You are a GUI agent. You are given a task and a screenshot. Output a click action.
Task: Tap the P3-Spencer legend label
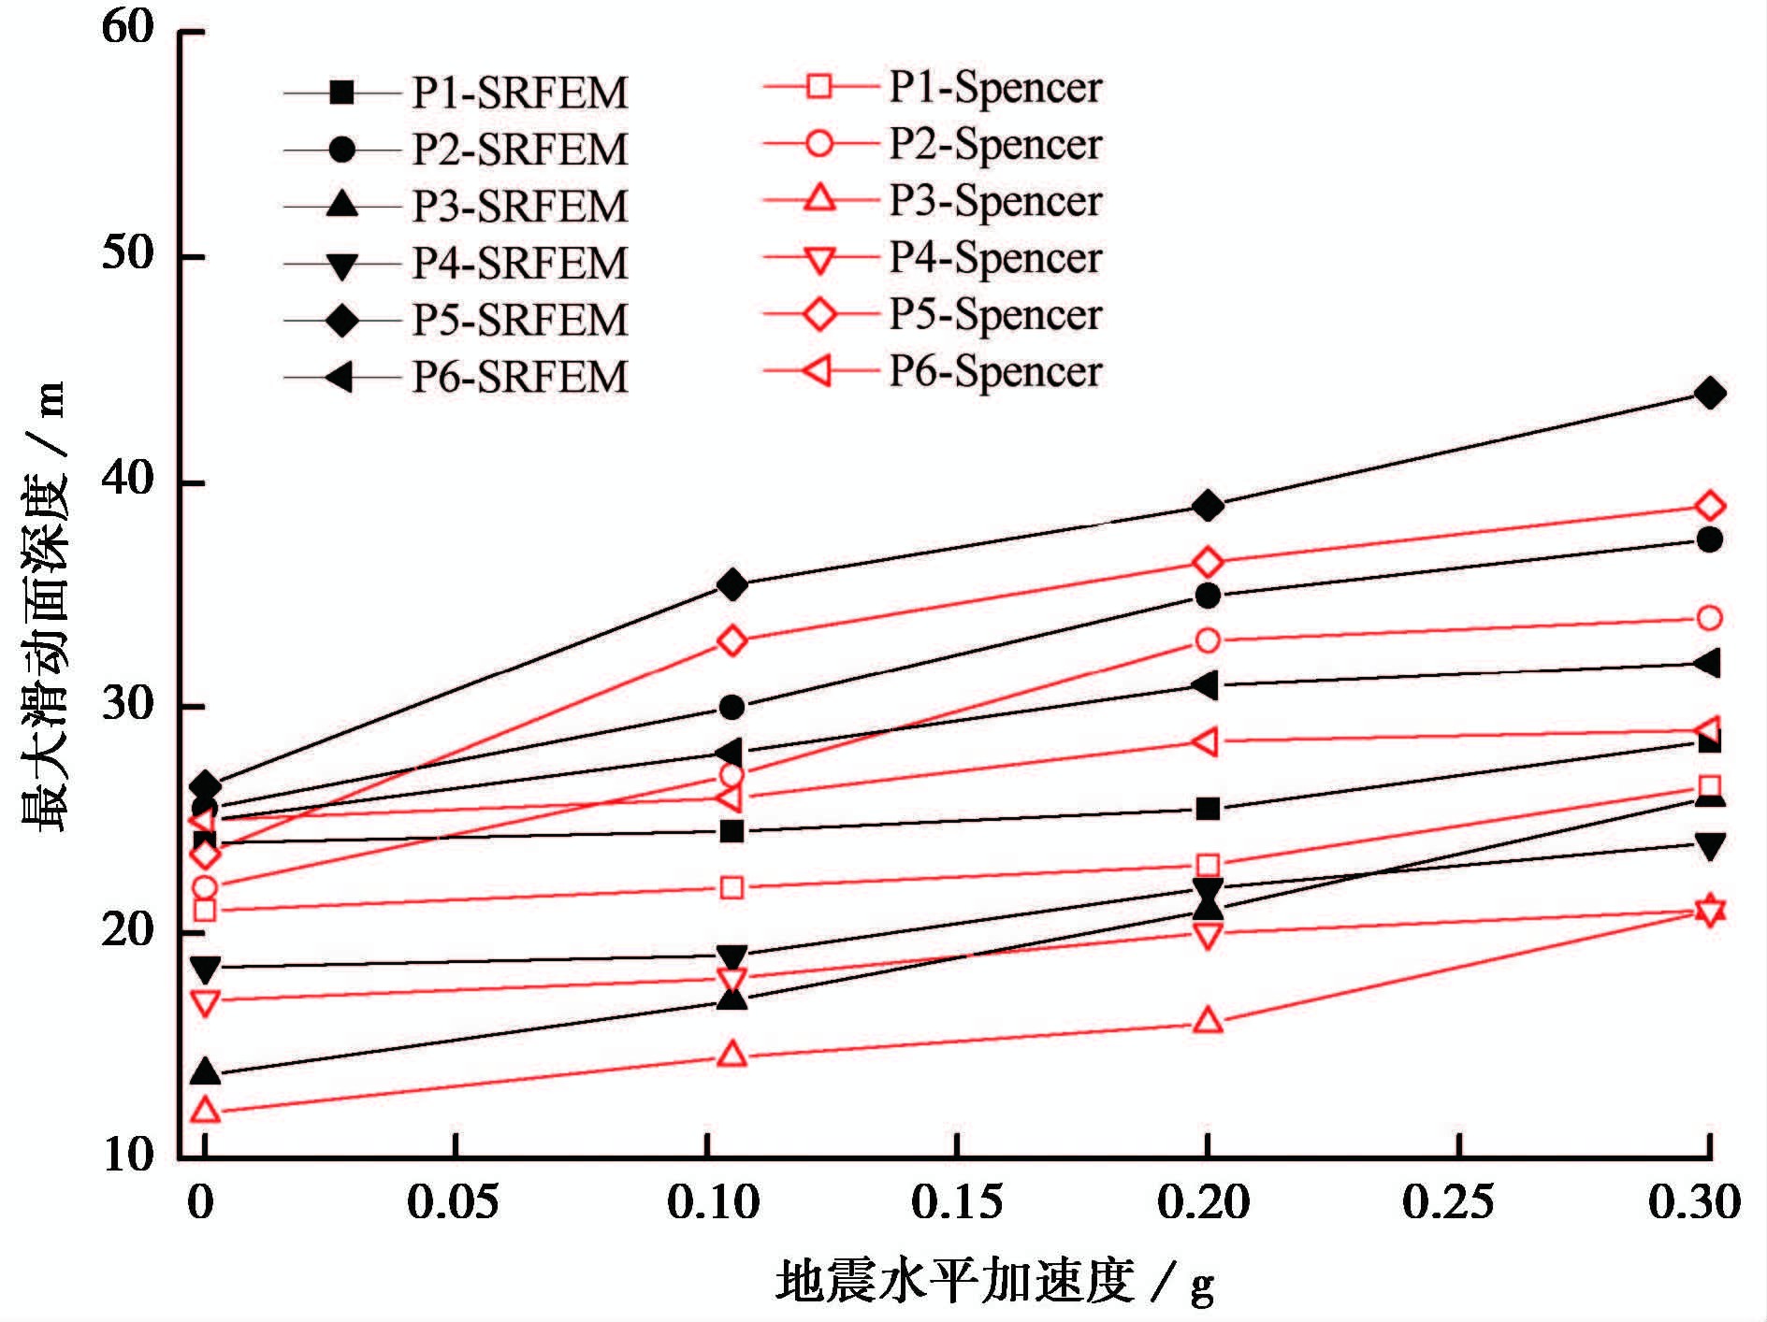click(995, 200)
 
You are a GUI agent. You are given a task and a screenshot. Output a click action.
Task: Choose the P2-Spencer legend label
click(995, 143)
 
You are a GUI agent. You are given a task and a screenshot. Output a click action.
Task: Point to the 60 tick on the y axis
click(127, 28)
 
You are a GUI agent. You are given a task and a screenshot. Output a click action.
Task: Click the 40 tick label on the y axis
click(127, 480)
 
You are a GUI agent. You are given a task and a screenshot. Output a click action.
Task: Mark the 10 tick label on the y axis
click(127, 1156)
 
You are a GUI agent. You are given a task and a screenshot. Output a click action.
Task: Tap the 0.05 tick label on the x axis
click(454, 1202)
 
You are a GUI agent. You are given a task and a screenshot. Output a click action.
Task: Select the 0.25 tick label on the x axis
click(1448, 1202)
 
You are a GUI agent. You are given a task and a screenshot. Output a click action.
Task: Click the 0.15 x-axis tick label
click(958, 1202)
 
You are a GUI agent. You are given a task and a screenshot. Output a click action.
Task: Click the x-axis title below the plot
click(995, 1281)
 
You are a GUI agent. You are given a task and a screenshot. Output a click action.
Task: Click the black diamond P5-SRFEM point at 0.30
click(1709, 393)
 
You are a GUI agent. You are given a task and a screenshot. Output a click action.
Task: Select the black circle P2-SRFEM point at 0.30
click(1709, 539)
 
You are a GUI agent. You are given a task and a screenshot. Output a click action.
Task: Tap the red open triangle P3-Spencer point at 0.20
click(1208, 1020)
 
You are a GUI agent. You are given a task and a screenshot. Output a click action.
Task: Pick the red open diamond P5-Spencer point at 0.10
click(732, 641)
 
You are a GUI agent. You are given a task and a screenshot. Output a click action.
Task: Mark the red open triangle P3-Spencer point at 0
click(205, 1111)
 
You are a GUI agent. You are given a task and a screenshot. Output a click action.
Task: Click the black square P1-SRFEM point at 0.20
click(1208, 809)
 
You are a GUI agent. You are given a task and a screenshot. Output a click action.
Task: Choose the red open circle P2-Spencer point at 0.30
click(1709, 618)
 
